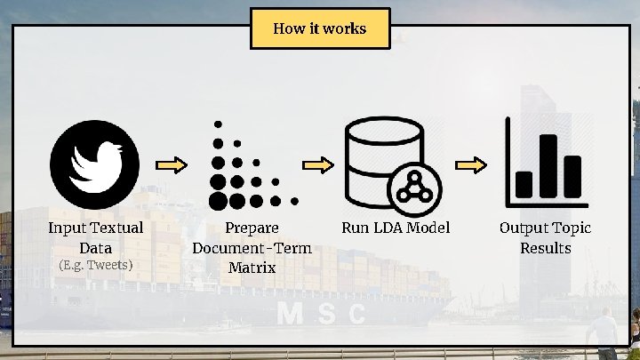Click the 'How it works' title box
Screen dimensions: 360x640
point(320,28)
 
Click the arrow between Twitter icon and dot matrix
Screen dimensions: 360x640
point(173,165)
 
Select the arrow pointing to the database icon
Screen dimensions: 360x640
point(317,165)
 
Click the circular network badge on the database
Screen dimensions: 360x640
point(412,184)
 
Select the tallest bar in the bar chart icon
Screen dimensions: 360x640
point(548,164)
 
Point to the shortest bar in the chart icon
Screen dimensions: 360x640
point(524,183)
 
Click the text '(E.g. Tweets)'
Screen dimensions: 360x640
point(95,265)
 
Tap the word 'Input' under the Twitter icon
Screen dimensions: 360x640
point(68,228)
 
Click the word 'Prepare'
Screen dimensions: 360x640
point(252,228)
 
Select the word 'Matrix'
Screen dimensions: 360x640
point(252,267)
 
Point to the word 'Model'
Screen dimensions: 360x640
point(428,228)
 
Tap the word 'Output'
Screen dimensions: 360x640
point(524,228)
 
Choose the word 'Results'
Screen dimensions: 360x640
point(545,248)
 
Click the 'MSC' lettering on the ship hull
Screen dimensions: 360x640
point(321,314)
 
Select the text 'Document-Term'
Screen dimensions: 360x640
point(252,248)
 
